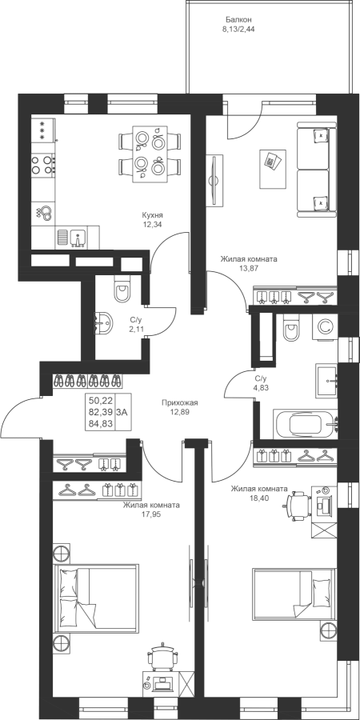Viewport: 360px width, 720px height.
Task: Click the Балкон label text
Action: click(x=238, y=19)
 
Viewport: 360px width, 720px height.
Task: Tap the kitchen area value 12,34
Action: click(x=153, y=225)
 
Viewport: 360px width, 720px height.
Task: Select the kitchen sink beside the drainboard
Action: click(x=78, y=238)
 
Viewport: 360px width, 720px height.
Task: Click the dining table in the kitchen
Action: click(x=150, y=154)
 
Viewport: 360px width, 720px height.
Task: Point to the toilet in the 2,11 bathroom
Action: click(x=122, y=290)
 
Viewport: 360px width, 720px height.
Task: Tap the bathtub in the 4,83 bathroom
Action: click(x=306, y=424)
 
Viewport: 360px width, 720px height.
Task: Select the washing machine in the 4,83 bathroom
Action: click(x=325, y=327)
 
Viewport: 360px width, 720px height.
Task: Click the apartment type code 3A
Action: click(x=122, y=412)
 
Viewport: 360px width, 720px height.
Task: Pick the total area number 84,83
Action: click(x=101, y=423)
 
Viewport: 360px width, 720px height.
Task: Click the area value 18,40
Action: click(x=259, y=498)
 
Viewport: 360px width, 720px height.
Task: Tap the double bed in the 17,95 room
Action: click(x=96, y=599)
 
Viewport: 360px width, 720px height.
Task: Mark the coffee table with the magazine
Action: click(x=273, y=169)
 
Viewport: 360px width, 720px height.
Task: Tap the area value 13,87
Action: click(x=249, y=269)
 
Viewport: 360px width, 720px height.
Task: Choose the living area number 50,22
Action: click(x=101, y=401)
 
